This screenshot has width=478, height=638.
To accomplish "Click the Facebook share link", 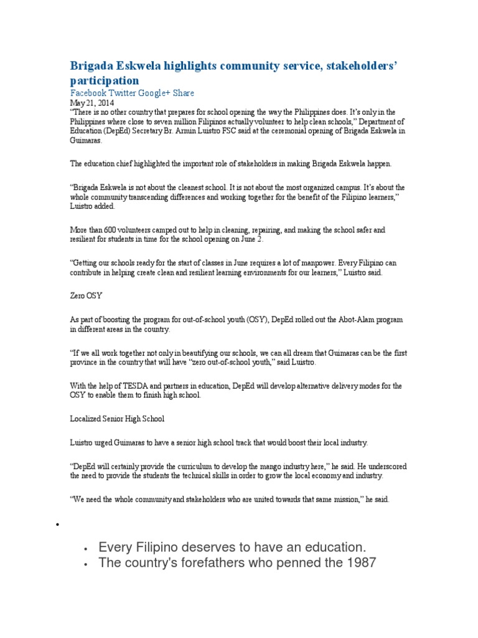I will click(x=87, y=93).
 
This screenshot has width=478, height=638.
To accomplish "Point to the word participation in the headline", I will click(x=104, y=81).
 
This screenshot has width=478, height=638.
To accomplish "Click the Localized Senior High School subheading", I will click(x=116, y=419).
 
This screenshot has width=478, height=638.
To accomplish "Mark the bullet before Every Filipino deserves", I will click(x=86, y=548).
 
